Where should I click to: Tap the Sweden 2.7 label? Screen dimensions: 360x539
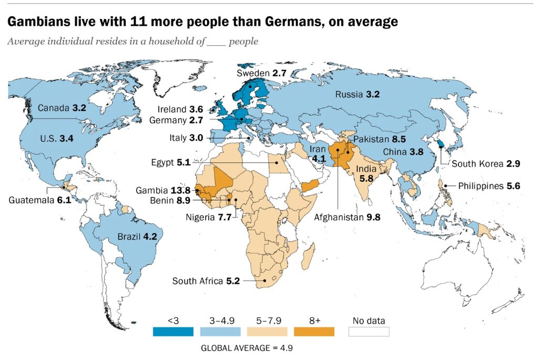[x=261, y=73]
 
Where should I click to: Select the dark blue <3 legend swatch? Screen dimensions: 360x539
[x=174, y=331]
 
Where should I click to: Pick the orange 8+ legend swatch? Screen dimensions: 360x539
[x=314, y=331]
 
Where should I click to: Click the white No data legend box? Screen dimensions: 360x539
[x=369, y=331]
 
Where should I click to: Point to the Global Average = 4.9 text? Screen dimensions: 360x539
[x=250, y=348]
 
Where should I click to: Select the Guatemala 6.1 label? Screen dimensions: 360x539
[x=40, y=200]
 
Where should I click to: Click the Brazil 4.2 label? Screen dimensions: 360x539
[x=135, y=237]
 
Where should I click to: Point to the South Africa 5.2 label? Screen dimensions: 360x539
[x=206, y=281]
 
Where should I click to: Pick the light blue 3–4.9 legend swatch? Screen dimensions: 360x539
[x=220, y=331]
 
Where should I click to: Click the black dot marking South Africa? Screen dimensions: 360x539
[x=265, y=281]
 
